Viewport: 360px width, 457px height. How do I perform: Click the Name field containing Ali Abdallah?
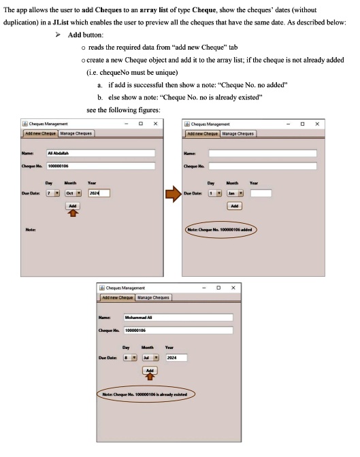coord(100,154)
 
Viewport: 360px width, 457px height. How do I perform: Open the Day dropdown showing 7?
coord(52,192)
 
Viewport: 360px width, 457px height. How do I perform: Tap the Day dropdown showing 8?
coord(130,356)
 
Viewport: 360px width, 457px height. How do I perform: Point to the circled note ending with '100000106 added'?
coord(221,230)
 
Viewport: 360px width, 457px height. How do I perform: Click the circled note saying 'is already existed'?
coord(145,393)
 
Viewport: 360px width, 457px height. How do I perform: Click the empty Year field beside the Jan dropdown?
coord(261,192)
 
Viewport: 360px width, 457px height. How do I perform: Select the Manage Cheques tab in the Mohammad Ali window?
coord(153,297)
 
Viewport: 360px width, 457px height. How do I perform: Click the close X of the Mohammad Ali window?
coord(233,288)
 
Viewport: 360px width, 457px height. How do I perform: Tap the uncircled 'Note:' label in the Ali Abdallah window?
coord(30,230)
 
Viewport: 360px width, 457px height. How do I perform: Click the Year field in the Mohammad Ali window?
coord(176,356)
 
